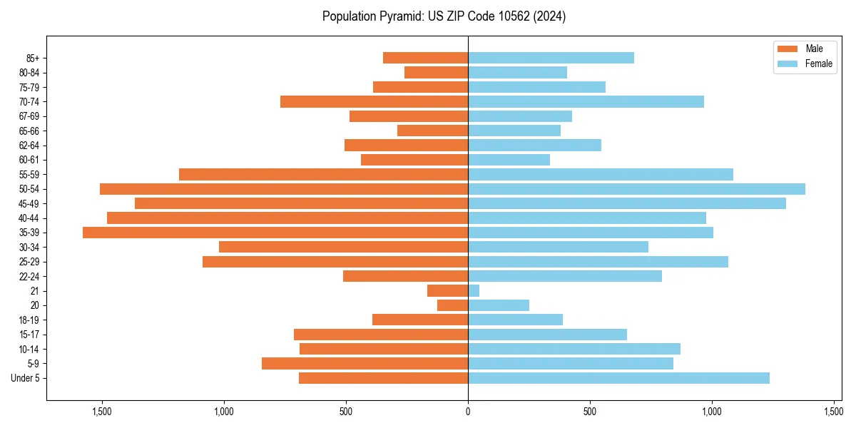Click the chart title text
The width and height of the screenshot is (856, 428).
click(444, 16)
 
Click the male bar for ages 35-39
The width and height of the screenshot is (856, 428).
click(275, 233)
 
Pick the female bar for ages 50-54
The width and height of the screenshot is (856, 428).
click(636, 189)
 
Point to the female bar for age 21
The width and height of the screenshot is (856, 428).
click(474, 291)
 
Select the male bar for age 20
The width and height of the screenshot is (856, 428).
click(453, 305)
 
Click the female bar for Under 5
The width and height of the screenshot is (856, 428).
click(618, 378)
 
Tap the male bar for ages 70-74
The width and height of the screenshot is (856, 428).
click(374, 102)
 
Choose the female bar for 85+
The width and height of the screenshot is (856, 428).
click(551, 58)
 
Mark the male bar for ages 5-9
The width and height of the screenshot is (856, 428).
click(365, 364)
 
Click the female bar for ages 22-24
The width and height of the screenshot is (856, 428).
click(565, 276)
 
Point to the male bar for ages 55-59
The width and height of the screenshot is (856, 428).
click(323, 175)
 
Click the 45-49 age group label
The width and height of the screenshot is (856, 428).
click(29, 204)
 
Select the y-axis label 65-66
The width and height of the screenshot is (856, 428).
click(29, 131)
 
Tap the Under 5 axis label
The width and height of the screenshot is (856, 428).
click(26, 378)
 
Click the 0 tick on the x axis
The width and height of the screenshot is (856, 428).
click(468, 412)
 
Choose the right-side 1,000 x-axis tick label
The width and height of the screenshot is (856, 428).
click(712, 412)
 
